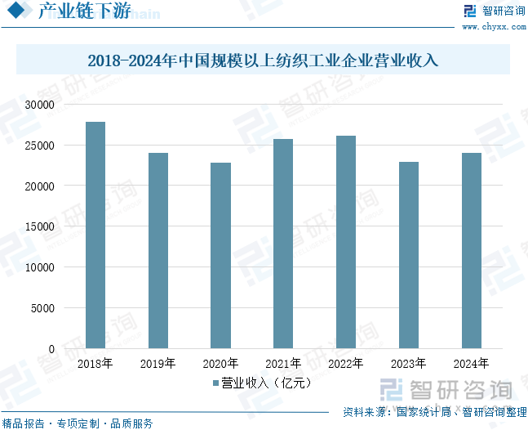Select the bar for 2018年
(95, 235)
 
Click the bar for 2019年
(158, 251)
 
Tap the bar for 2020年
(220, 256)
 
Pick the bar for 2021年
(283, 244)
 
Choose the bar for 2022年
(346, 242)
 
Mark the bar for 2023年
(409, 255)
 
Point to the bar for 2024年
(472, 251)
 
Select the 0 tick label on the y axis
(51, 349)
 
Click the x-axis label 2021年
(283, 364)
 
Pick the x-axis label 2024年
(472, 364)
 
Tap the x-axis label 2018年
(95, 364)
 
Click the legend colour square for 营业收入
(215, 383)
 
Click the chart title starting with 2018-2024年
(263, 60)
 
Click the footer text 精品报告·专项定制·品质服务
(78, 423)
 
